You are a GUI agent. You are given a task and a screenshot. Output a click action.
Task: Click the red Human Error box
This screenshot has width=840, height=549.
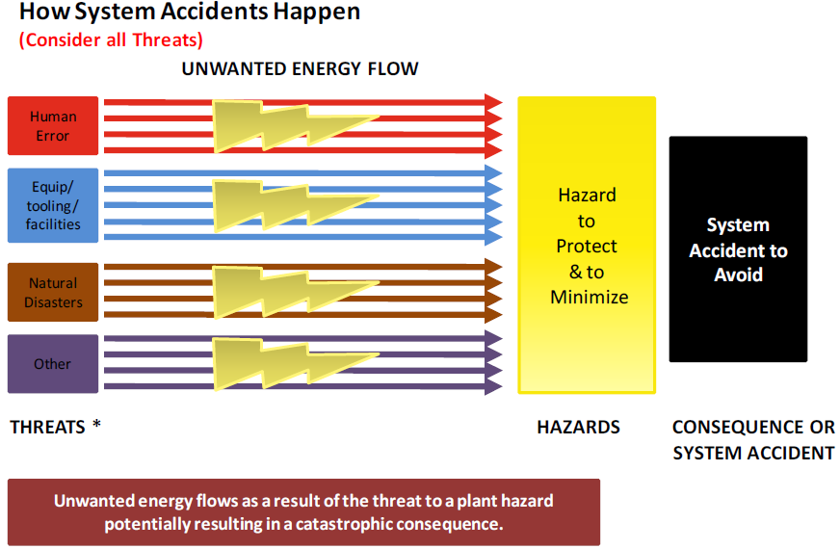click(x=53, y=126)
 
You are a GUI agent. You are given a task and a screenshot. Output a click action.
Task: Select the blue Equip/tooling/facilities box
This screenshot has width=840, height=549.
click(x=53, y=206)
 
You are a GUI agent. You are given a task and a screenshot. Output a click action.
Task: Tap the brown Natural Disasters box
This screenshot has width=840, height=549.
click(x=53, y=293)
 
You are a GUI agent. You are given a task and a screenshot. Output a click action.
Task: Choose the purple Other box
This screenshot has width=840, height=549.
click(x=53, y=364)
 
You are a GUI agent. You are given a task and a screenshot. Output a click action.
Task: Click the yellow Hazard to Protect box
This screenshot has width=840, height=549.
click(x=587, y=246)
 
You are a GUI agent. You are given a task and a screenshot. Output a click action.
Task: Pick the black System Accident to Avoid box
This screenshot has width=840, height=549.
click(x=738, y=249)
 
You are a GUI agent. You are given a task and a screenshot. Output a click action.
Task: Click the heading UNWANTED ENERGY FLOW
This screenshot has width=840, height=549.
click(x=300, y=69)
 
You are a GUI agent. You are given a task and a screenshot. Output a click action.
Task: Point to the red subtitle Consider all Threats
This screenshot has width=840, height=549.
click(x=111, y=40)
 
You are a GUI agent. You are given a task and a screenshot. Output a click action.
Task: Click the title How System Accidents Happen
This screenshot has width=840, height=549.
click(x=190, y=12)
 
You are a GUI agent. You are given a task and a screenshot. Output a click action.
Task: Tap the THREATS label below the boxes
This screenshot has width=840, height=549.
click(x=47, y=428)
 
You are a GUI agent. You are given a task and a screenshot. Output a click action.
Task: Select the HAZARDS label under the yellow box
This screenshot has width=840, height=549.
click(x=579, y=428)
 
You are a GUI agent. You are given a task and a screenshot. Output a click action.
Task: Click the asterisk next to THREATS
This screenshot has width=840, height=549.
click(x=96, y=425)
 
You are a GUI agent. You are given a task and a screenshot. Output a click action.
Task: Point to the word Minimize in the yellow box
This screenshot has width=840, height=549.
click(x=590, y=298)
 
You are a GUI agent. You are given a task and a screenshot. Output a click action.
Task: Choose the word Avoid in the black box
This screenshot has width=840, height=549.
click(x=738, y=274)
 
